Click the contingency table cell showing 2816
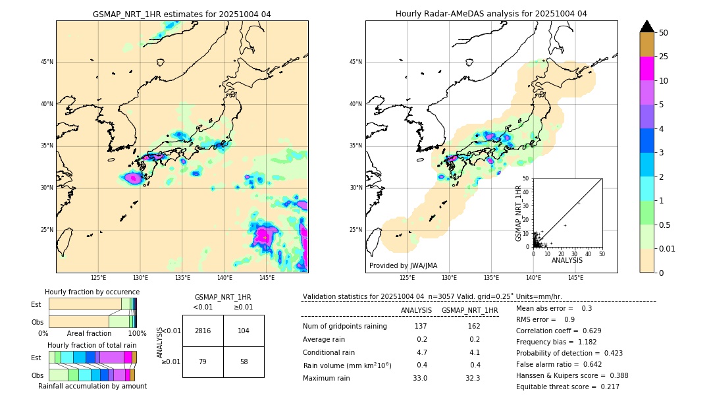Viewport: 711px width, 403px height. [203, 331]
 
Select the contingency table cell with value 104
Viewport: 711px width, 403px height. [244, 331]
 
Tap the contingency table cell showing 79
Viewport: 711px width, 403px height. [203, 362]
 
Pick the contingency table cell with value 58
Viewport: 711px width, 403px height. [244, 362]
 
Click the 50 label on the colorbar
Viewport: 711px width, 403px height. [664, 32]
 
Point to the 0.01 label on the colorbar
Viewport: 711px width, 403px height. [668, 248]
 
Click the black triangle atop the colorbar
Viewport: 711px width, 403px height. [647, 26]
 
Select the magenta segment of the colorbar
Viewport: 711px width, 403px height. [647, 68]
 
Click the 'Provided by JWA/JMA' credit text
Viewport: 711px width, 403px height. [403, 266]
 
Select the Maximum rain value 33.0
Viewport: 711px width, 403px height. [420, 378]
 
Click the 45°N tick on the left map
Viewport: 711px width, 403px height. [47, 62]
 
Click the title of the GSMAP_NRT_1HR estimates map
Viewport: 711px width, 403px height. [182, 14]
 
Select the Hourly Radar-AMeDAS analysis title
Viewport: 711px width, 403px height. [491, 14]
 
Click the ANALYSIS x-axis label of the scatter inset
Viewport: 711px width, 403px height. [567, 260]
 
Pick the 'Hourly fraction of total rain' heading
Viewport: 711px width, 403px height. [92, 345]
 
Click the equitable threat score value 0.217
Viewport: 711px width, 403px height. [606, 387]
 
